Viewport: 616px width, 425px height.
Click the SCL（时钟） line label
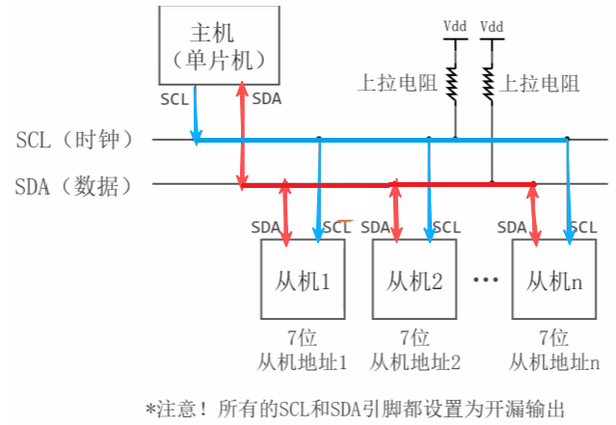pos(81,140)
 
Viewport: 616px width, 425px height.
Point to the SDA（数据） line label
pos(81,185)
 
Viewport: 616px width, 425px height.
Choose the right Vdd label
pos(491,26)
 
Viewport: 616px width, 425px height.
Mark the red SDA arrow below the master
pos(242,135)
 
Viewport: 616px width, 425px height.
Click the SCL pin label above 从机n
pos(582,227)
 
